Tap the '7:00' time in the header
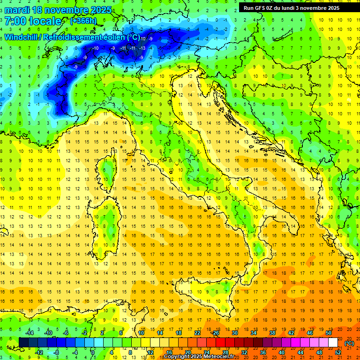click(15, 21)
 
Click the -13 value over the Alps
click(142, 48)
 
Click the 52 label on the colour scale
click(338, 352)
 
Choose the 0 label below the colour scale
click(93, 352)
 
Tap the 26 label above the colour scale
click(216, 333)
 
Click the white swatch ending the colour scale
click(333, 343)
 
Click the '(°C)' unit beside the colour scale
click(349, 343)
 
